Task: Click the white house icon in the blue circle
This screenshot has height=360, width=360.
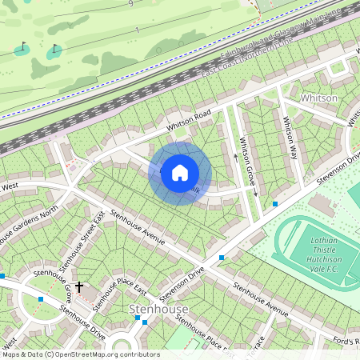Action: click(180, 172)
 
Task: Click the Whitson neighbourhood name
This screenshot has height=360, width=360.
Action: click(319, 98)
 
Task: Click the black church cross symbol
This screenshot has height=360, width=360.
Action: click(79, 286)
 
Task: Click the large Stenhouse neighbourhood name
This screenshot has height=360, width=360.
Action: click(158, 308)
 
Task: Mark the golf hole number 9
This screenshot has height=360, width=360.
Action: click(130, 4)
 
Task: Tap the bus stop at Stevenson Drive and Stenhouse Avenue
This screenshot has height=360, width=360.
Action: click(222, 258)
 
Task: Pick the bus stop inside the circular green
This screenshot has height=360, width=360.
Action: click(138, 318)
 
